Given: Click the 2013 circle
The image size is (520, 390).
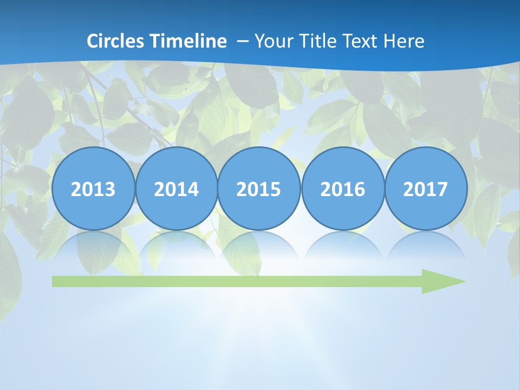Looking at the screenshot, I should (93, 188).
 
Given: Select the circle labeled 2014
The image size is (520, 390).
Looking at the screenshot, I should (177, 188).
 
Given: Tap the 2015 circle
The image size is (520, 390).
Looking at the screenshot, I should (259, 188).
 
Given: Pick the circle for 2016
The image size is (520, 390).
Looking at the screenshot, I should (343, 188).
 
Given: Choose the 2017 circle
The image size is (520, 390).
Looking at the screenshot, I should (426, 188).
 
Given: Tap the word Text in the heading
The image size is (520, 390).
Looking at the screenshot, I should (359, 41).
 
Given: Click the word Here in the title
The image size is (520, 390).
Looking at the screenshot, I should (404, 41).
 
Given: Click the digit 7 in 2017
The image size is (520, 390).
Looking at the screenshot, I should (442, 189).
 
